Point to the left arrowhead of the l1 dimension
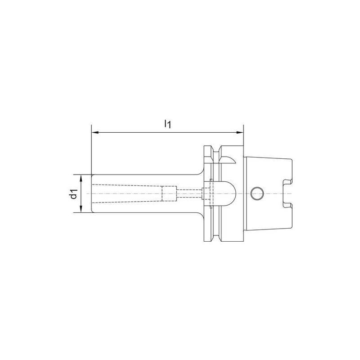pyautogui.click(x=94, y=133)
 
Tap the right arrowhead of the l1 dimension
pyautogui.click(x=240, y=133)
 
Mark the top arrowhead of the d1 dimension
pyautogui.click(x=81, y=177)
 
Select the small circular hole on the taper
pyautogui.click(x=256, y=193)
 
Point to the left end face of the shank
pyautogui.click(x=91, y=194)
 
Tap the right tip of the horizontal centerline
pyautogui.click(x=297, y=193)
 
